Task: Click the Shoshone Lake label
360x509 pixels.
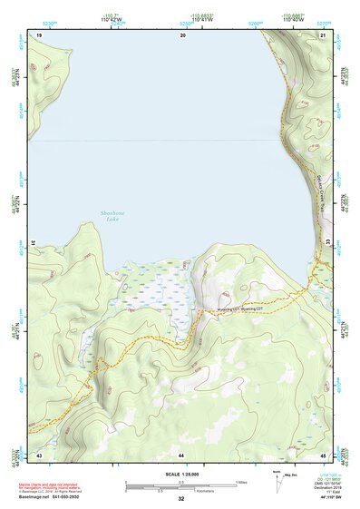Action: [110, 216]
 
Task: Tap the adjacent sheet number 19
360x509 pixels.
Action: [39, 34]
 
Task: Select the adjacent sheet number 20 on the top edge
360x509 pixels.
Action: [182, 34]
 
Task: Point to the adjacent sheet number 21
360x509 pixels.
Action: [323, 34]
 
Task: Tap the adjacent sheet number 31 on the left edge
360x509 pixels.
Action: [34, 243]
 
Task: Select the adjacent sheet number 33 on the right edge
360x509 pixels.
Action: [327, 243]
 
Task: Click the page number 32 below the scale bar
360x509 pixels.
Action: [181, 499]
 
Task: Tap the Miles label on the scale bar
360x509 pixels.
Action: [240, 481]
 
